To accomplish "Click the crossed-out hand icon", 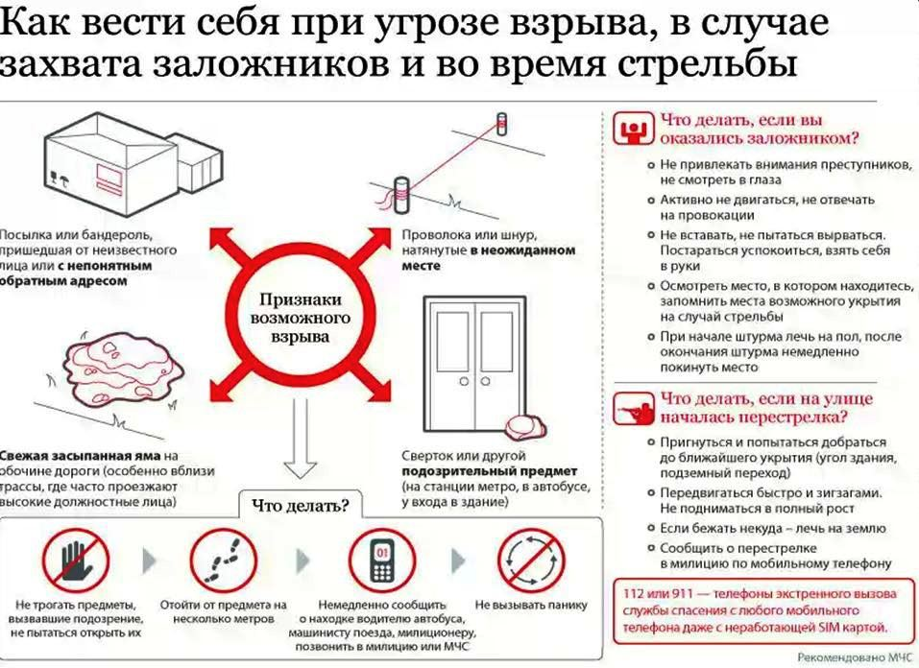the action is pyautogui.click(x=76, y=561).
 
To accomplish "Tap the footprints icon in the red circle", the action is pyautogui.click(x=224, y=561).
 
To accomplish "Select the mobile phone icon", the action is pyautogui.click(x=382, y=561).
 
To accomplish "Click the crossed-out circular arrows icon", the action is pyautogui.click(x=531, y=561).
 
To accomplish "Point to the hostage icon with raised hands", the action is pyautogui.click(x=634, y=129).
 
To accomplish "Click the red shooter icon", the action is pyautogui.click(x=634, y=409).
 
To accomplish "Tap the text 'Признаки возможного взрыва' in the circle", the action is pyautogui.click(x=300, y=319).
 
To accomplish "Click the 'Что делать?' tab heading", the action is pyautogui.click(x=300, y=505).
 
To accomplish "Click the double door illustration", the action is pyautogui.click(x=474, y=364).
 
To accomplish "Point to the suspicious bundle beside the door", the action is pyautogui.click(x=522, y=426).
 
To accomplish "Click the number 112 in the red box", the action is pyautogui.click(x=633, y=593).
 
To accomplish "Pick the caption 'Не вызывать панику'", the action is pyautogui.click(x=531, y=605).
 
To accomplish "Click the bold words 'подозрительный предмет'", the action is pyautogui.click(x=490, y=471).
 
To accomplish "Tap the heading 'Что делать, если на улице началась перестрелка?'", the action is pyautogui.click(x=766, y=408).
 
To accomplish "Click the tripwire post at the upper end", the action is pyautogui.click(x=502, y=124).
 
